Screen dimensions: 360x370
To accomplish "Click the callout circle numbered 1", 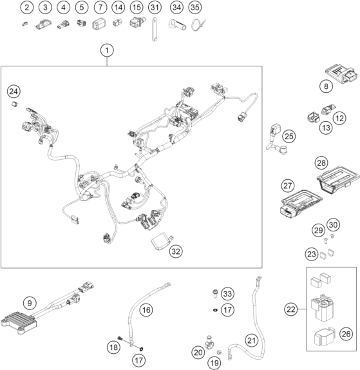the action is tap(107, 50).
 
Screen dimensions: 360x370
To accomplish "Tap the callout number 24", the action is tap(14, 92).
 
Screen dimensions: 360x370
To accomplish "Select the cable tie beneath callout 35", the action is tap(198, 26).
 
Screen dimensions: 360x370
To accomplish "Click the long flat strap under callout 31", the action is tap(154, 30).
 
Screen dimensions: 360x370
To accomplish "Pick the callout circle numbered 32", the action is tap(176, 251).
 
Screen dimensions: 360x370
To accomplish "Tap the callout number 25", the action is tap(289, 136).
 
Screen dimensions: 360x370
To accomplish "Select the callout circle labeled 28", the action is tap(321, 163).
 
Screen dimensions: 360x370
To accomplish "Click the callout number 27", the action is tap(288, 186).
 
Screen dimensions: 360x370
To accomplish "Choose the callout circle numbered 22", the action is tap(291, 309).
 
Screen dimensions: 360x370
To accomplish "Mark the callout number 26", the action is tap(346, 334).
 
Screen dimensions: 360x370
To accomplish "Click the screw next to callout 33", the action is tap(215, 293).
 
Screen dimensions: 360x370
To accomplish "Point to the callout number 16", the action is tap(146, 309).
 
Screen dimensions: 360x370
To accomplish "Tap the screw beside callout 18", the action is tap(120, 338).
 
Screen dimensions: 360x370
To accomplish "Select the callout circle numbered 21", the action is tap(251, 340).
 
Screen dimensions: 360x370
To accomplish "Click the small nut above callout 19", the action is tap(219, 353).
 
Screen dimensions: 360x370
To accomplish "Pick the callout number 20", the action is tap(198, 353).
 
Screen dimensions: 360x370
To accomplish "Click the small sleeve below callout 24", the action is tap(15, 104).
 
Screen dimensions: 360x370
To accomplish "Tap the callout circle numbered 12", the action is tap(340, 118).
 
